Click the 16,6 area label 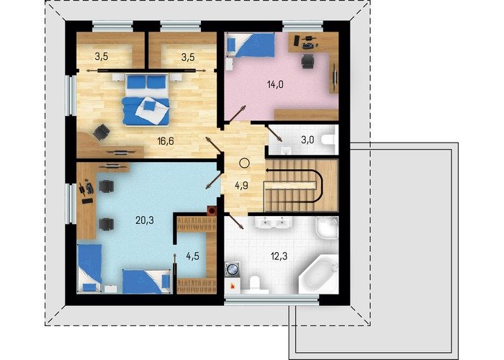[166, 141]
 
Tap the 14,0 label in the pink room [275, 84]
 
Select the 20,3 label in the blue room [144, 220]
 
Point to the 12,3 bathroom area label [279, 256]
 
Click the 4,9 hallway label [241, 186]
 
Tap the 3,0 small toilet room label [307, 140]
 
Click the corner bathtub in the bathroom [319, 275]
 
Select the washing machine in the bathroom [232, 269]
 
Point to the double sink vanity [274, 222]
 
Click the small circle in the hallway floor [244, 163]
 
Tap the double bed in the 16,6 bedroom [147, 99]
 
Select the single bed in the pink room [251, 45]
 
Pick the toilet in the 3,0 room [328, 140]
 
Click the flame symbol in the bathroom [233, 285]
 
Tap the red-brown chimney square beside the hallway [212, 210]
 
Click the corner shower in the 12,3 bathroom [327, 228]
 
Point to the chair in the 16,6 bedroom [102, 132]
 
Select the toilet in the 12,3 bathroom [255, 284]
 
